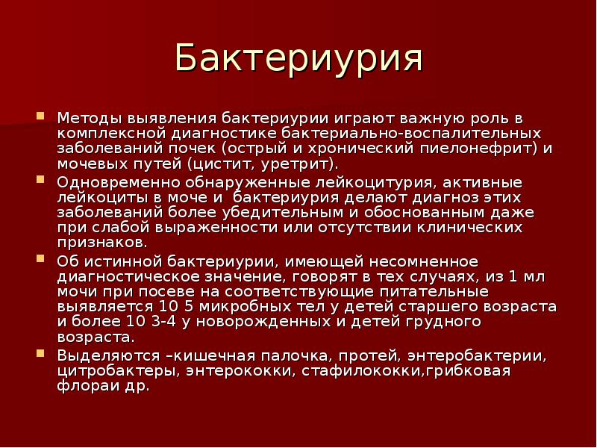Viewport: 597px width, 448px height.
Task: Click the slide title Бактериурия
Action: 298,59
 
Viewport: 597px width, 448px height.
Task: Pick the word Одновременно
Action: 107,182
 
